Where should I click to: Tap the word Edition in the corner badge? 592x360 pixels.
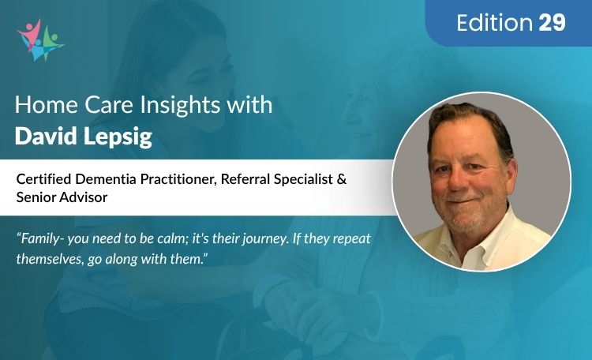[495, 23]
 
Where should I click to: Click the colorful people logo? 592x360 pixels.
[39, 39]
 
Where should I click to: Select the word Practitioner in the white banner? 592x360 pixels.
[179, 180]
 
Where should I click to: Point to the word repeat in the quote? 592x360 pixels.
[350, 238]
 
